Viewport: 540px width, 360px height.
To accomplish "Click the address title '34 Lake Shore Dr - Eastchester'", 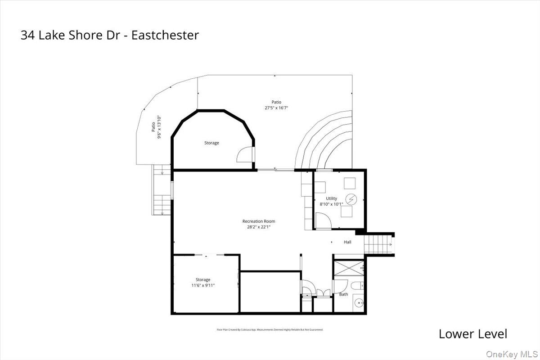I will (109, 35).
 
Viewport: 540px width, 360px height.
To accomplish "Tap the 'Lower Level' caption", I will (472, 334).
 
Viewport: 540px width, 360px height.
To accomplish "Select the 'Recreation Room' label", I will (258, 221).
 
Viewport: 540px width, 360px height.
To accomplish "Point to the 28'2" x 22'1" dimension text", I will (258, 227).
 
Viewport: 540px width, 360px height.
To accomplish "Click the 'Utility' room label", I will (332, 198).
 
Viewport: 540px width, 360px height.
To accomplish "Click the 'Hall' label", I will (347, 242).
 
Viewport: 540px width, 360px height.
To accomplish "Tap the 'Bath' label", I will (343, 294).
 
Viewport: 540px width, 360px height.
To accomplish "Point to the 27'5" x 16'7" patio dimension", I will (276, 108).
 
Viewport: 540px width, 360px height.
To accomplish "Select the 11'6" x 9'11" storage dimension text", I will (202, 285).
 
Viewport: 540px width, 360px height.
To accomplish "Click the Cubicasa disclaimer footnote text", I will (270, 330).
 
